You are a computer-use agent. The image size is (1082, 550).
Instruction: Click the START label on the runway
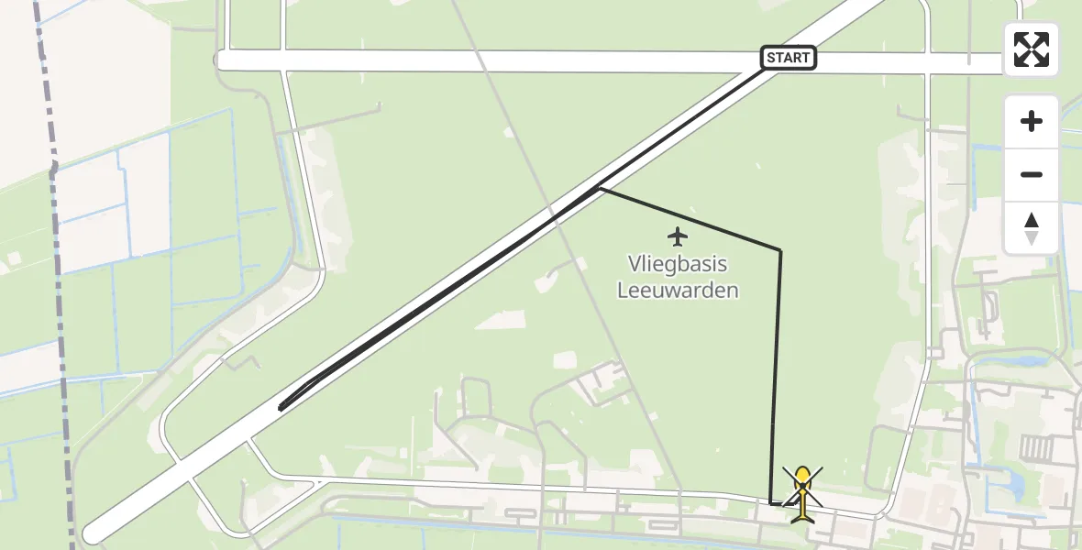tap(789, 59)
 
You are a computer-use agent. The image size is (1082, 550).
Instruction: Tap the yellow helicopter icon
tap(802, 492)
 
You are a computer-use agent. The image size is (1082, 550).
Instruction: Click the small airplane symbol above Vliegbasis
tap(678, 236)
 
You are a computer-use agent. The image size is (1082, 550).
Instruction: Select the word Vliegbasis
tap(678, 265)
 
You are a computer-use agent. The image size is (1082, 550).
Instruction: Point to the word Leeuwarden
tap(678, 291)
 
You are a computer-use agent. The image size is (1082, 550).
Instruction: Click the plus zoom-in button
tap(1032, 121)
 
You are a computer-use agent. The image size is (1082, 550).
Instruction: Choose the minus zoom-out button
tap(1032, 175)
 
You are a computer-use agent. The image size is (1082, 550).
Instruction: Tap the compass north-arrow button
tap(1032, 227)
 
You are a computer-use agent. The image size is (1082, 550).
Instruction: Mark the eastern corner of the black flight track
tap(780, 249)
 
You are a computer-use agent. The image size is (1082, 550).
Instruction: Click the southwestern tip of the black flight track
tap(280, 408)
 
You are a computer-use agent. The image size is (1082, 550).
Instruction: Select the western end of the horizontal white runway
tap(223, 60)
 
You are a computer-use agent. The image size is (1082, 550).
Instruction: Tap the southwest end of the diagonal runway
tap(92, 533)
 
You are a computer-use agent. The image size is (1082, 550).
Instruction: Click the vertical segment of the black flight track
tap(777, 367)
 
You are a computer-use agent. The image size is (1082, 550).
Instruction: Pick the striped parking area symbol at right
tap(1036, 449)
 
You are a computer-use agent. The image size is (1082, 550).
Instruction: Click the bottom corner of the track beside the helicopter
tap(772, 503)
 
